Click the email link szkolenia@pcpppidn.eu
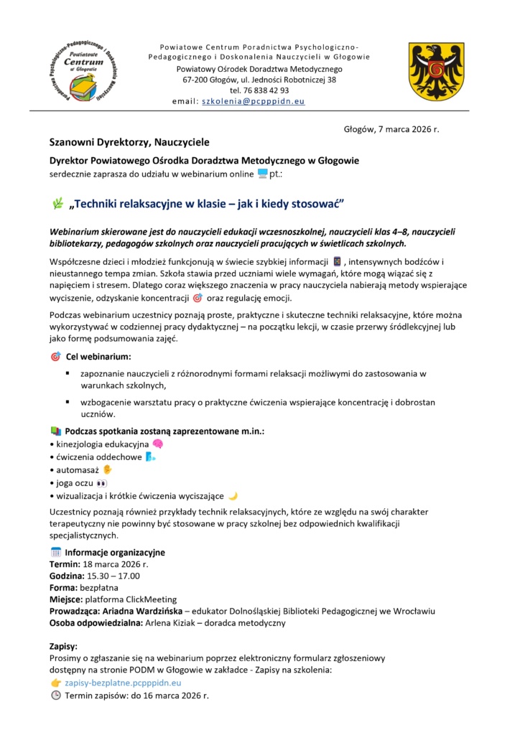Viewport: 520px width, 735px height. (x=254, y=102)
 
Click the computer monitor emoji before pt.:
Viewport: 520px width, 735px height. (x=262, y=174)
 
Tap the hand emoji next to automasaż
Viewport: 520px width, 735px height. (x=107, y=469)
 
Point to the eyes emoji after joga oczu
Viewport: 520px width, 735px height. (x=101, y=483)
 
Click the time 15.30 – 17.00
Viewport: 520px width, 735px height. (x=110, y=576)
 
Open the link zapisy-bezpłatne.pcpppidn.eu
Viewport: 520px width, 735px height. (x=123, y=683)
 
